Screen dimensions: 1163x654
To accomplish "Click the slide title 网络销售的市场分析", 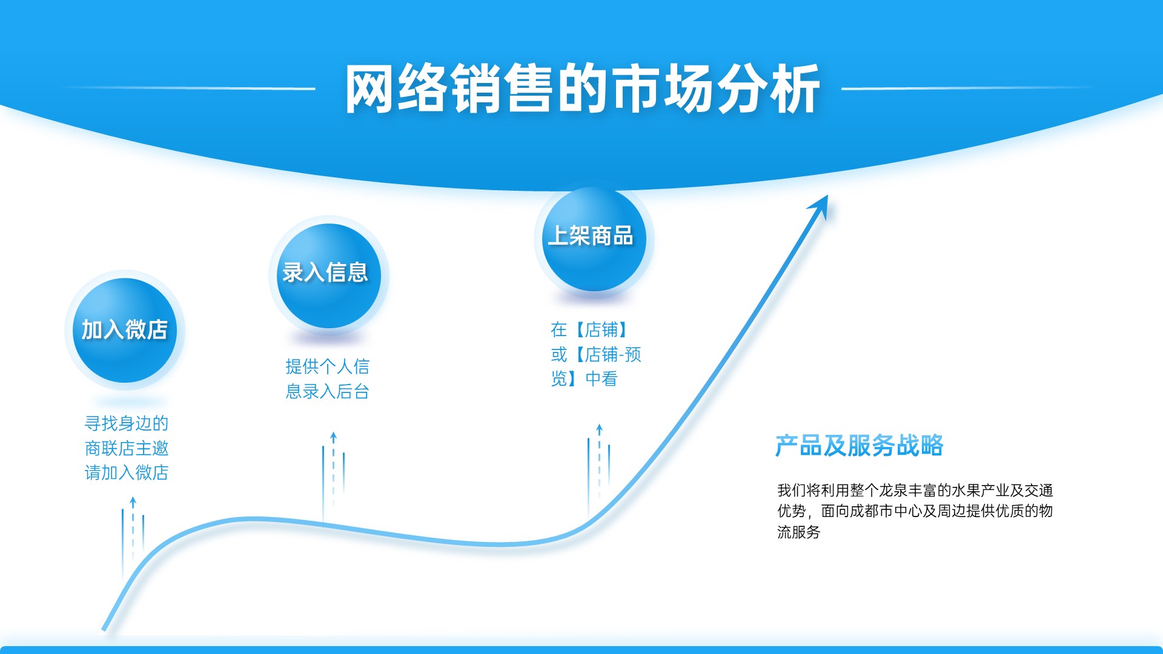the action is point(583,89).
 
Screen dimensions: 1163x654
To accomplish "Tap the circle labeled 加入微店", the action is point(125,330).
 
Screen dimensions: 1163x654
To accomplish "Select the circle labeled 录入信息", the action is point(329,276).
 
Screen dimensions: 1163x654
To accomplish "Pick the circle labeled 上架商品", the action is point(594,239).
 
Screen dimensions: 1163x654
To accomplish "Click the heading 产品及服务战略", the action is point(860,446).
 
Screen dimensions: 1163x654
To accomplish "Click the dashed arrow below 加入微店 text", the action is point(133,530).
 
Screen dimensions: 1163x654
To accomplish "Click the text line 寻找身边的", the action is point(127,423).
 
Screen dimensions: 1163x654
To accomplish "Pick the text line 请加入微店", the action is point(127,472).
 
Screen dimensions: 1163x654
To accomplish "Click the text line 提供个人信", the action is point(328,366).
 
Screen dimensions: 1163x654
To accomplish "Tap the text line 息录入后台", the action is point(328,391).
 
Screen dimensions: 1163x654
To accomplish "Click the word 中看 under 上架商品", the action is point(601,379).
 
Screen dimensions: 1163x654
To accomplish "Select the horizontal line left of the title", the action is point(188,88).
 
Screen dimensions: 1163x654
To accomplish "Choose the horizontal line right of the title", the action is point(969,88).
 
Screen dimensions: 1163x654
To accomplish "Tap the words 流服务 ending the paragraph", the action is point(799,532).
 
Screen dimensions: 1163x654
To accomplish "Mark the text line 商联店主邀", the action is point(127,448).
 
